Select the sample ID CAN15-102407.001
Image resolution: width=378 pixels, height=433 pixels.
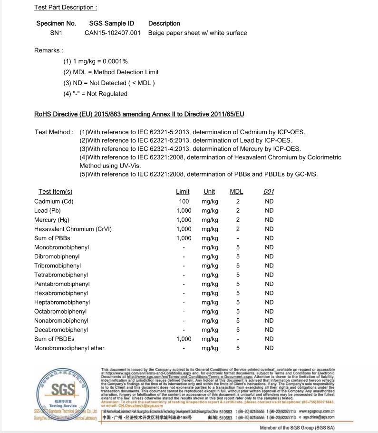coord(113,33)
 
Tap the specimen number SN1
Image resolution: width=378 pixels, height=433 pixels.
coord(56,33)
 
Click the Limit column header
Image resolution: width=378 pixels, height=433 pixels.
coord(183,192)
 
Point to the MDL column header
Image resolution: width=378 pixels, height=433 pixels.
coord(236,192)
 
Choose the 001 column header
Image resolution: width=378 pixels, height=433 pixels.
coord(269,192)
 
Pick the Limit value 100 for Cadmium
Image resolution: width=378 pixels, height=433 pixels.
coord(184,201)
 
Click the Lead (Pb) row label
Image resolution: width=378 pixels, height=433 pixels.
coord(48,211)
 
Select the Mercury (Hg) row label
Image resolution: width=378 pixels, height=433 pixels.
coord(52,220)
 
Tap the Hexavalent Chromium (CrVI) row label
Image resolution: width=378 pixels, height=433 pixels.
coord(73,229)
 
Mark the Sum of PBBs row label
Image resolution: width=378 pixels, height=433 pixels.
coord(52,238)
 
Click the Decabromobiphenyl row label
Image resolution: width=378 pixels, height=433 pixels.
coord(61,330)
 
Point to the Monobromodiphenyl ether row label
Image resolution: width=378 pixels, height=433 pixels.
coord(69,348)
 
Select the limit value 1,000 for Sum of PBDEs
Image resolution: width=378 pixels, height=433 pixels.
coord(184,339)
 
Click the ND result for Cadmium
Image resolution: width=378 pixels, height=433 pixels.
coord(269,201)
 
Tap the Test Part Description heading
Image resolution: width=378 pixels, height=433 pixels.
coord(66,7)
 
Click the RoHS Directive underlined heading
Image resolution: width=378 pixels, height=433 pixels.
coord(139,114)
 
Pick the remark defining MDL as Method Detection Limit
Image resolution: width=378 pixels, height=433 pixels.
coord(111,72)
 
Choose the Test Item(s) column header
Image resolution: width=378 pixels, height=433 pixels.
coord(56,192)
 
